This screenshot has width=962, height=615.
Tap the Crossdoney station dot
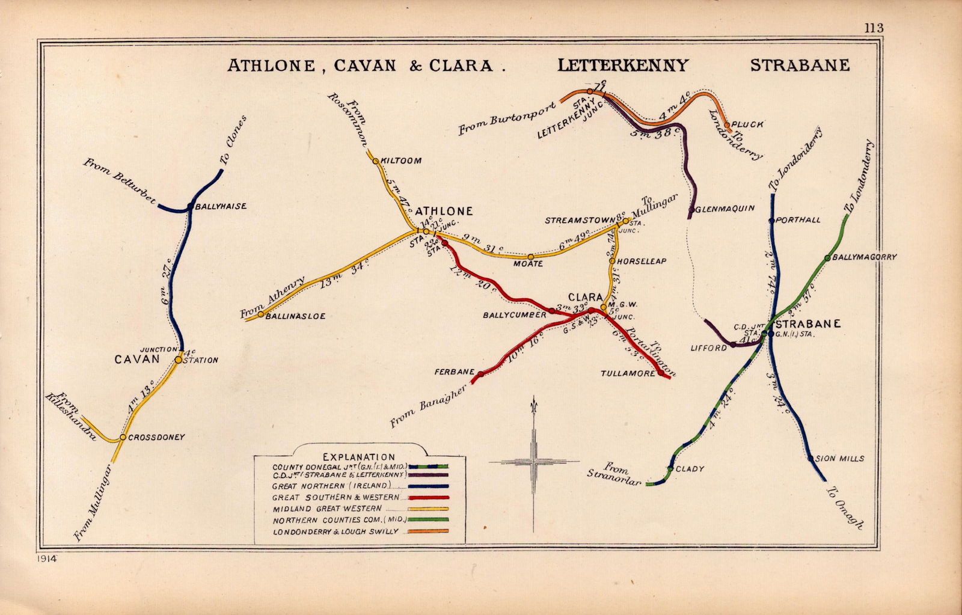pyautogui.click(x=123, y=437)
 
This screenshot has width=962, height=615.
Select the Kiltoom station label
pyautogui.click(x=401, y=161)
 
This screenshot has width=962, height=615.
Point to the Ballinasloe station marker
pyautogui.click(x=260, y=314)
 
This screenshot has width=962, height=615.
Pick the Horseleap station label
pyautogui.click(x=641, y=261)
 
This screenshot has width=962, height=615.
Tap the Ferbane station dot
pyautogui.click(x=480, y=374)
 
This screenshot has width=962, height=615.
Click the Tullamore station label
pyautogui.click(x=627, y=373)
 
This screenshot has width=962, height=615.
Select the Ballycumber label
pyautogui.click(x=515, y=314)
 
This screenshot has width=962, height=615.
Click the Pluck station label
pyautogui.click(x=748, y=125)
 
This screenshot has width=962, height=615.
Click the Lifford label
pyautogui.click(x=709, y=348)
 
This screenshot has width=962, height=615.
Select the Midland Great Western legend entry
pyautogui.click(x=335, y=509)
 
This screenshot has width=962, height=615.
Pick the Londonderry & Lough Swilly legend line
pyautogui.click(x=427, y=531)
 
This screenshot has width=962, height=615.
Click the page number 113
pyautogui.click(x=874, y=28)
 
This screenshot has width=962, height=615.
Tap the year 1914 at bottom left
pyautogui.click(x=46, y=558)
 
